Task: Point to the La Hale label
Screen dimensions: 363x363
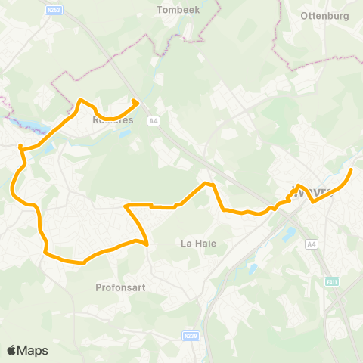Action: [x=199, y=243]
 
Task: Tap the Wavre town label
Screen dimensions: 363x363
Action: [x=312, y=191]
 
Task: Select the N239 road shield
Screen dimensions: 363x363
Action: [x=191, y=335]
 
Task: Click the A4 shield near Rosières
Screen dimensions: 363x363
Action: [x=154, y=120]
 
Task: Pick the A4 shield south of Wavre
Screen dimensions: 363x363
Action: [x=312, y=244]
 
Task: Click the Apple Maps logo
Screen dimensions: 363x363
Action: [x=27, y=350]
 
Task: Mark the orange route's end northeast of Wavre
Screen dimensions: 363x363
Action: [x=351, y=169]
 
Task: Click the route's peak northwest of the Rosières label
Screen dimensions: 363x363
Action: [x=81, y=100]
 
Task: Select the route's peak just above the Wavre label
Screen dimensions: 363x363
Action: [x=298, y=185]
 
